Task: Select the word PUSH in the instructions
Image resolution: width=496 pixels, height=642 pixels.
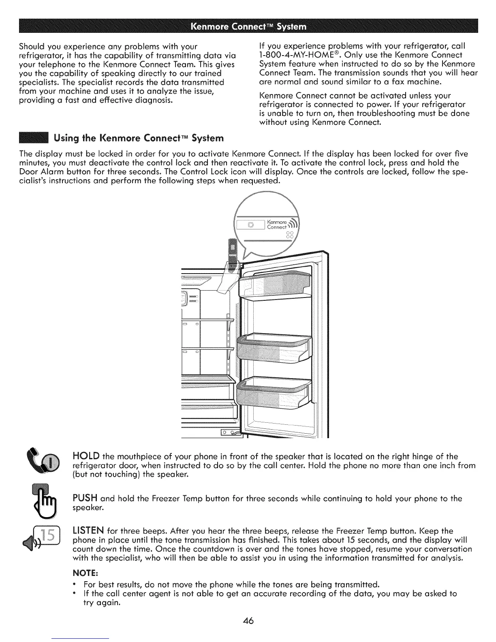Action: click(x=84, y=499)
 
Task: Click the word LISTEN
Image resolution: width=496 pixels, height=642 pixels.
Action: click(x=88, y=531)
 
